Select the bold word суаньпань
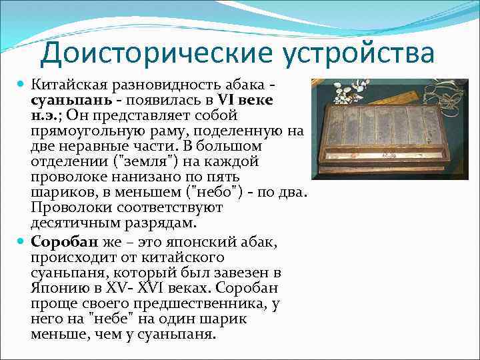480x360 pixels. (x=63, y=99)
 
